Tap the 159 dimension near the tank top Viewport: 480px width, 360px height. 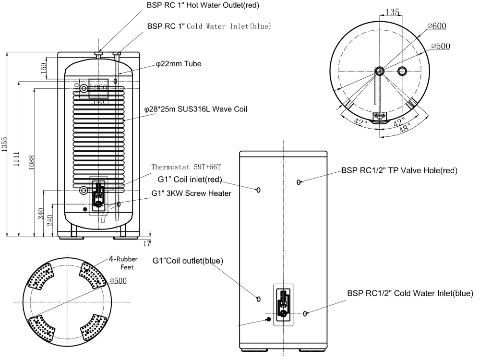coord(44,66)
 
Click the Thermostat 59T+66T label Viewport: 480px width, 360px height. coord(186,167)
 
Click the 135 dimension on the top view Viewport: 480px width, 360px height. coord(392,12)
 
